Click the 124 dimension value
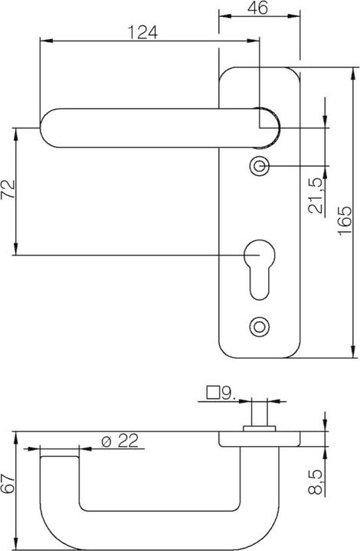(142, 31)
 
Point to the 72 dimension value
(8, 190)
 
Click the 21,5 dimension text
(316, 196)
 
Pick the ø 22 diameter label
(119, 441)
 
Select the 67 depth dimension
(8, 484)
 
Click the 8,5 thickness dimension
(316, 482)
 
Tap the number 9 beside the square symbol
(226, 393)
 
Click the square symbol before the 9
(213, 393)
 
